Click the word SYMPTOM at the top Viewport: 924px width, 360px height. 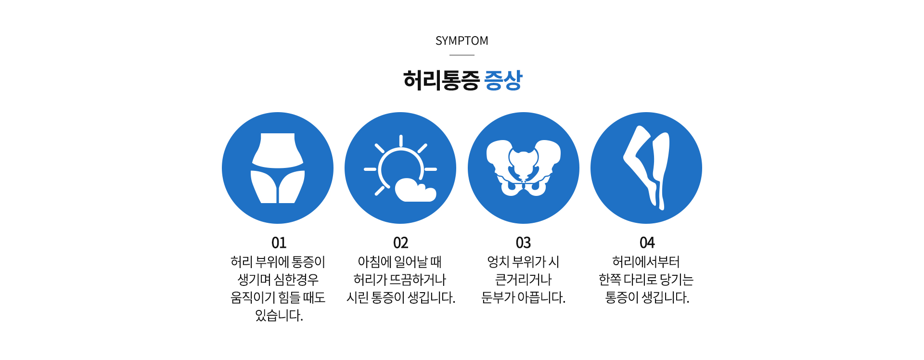pos(462,41)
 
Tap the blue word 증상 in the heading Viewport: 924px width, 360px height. pos(503,80)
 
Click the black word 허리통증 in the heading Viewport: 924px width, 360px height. pos(441,80)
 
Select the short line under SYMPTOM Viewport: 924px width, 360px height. pos(462,55)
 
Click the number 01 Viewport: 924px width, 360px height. pos(279,243)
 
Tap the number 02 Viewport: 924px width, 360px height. pos(400,243)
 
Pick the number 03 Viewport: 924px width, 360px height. pos(523,243)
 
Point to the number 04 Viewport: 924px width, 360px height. pos(647,243)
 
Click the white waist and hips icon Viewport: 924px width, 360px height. pos(278,168)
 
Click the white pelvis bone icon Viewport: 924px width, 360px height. pos(523,168)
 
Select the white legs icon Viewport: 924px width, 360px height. pos(646,167)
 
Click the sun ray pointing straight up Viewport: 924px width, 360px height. pos(400,141)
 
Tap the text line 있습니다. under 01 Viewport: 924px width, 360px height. pos(279,315)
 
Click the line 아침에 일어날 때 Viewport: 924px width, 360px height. pos(400,262)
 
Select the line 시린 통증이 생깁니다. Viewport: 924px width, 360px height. pos(400,297)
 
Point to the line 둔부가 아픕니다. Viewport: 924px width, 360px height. pos(523,297)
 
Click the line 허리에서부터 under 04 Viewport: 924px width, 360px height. pos(646,262)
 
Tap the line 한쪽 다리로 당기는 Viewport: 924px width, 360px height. pos(646,280)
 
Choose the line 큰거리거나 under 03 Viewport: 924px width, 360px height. pos(523,280)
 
